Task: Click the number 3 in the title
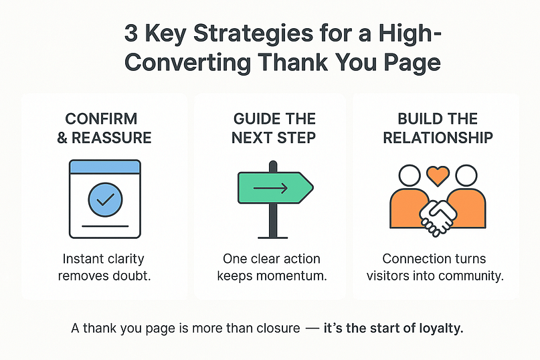[x=131, y=33]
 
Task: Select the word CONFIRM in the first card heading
[x=101, y=119]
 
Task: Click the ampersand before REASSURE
[x=62, y=138]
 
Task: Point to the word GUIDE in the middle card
[x=254, y=119]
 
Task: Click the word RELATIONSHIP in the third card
[x=438, y=138]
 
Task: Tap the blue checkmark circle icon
[x=105, y=200]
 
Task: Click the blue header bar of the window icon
[x=105, y=167]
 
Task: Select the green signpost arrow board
[x=276, y=188]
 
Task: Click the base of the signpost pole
[x=273, y=238]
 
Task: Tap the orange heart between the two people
[x=438, y=175]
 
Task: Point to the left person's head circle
[x=410, y=176]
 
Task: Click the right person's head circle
[x=466, y=176]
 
